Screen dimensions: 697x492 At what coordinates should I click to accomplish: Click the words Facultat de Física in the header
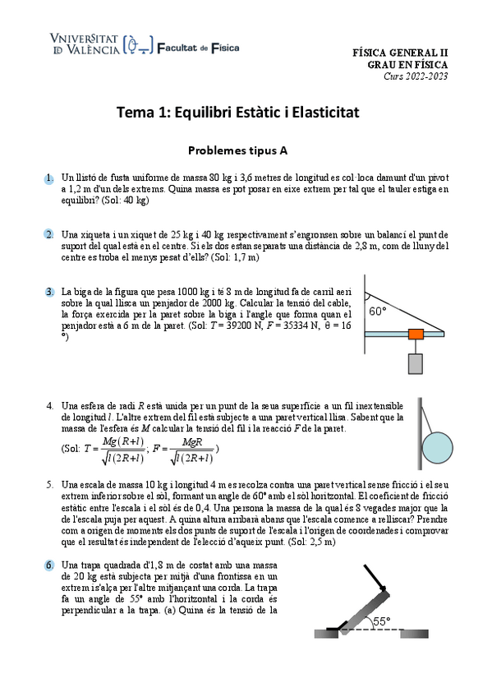[x=197, y=48]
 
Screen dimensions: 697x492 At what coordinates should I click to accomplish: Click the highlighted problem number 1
[x=49, y=178]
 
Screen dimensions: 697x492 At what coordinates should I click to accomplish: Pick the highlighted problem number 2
[x=49, y=234]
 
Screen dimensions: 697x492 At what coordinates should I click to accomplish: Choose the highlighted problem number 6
[x=49, y=565]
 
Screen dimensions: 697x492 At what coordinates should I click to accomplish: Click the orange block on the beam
[x=416, y=334]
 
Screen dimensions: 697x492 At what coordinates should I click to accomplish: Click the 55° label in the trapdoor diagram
[x=383, y=622]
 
